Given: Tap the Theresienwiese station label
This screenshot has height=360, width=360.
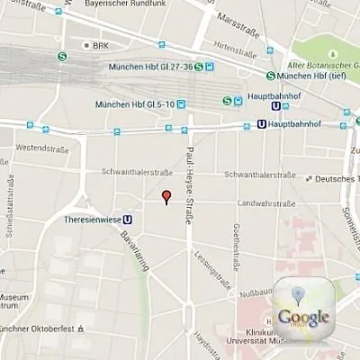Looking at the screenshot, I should tap(93, 218).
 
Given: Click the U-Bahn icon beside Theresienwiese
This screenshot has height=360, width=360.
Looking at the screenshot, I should tap(128, 218).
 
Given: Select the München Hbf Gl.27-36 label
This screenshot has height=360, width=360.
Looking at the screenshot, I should tap(150, 66).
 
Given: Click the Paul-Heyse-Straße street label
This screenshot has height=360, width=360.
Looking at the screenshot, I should tap(190, 184).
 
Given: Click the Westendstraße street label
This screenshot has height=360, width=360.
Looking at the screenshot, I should tap(42, 147).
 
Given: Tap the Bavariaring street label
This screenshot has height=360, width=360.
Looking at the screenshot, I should tap(134, 255).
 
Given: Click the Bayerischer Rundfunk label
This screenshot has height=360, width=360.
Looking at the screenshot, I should tap(127, 4).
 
